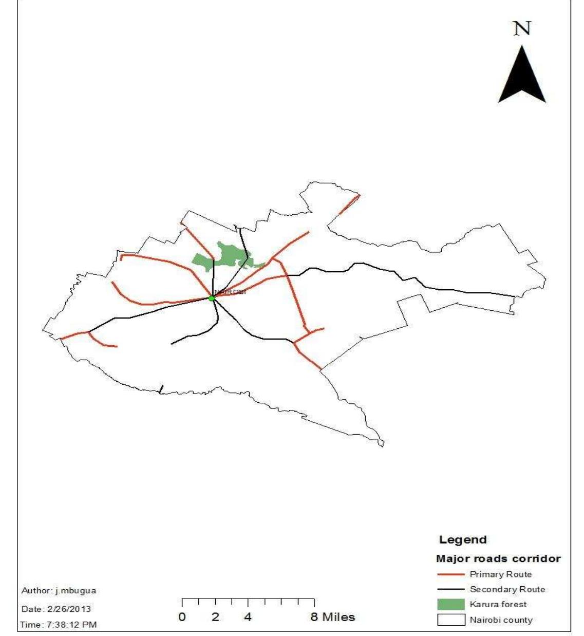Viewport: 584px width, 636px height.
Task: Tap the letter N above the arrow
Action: (x=522, y=28)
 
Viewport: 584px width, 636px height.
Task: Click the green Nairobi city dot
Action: (x=212, y=298)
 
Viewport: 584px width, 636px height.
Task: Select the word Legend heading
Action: (x=463, y=540)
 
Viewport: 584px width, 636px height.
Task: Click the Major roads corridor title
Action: (x=498, y=558)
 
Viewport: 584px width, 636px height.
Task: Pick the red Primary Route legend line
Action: (x=450, y=574)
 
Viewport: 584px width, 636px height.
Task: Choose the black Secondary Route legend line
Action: (x=450, y=590)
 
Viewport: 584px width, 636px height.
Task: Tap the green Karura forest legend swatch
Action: (x=450, y=605)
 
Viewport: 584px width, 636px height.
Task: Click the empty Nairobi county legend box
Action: (x=450, y=620)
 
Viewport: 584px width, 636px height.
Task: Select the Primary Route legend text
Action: (x=501, y=574)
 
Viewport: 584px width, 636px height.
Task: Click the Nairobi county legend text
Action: (x=501, y=620)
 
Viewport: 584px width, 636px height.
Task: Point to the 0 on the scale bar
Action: (x=182, y=617)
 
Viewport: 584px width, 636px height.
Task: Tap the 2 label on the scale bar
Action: (x=215, y=617)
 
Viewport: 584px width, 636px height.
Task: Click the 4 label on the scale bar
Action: (x=248, y=617)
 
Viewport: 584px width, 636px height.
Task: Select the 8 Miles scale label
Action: (x=332, y=617)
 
